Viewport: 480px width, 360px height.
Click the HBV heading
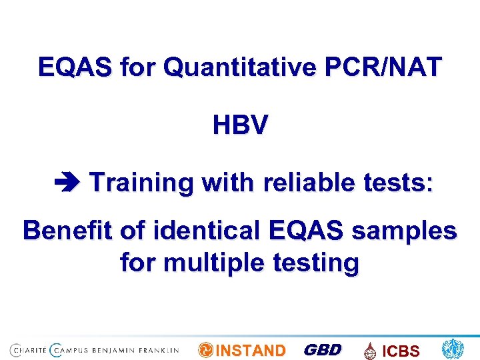pos(240,124)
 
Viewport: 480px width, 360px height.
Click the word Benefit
pos(67,231)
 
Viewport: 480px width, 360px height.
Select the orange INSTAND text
pos(251,351)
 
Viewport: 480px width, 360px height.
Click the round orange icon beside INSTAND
pos(207,351)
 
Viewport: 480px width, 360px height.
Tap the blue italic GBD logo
pos(323,350)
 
